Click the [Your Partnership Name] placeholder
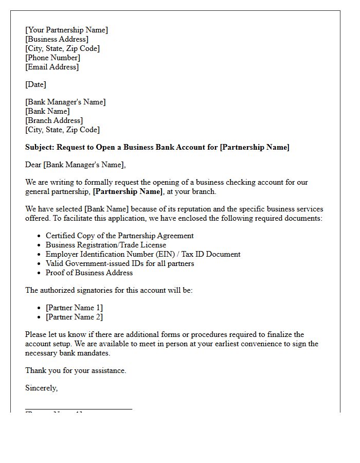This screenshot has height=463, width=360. (x=66, y=30)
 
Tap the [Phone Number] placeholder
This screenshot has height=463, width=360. (x=52, y=58)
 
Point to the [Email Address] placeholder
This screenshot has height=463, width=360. (x=52, y=67)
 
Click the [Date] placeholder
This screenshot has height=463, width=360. (x=35, y=84)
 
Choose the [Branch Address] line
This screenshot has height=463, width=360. (x=54, y=120)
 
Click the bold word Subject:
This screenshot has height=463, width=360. (x=40, y=147)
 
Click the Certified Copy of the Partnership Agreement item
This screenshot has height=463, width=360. (x=119, y=236)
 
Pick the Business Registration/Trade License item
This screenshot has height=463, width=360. (x=106, y=245)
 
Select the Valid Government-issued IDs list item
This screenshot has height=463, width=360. (x=119, y=263)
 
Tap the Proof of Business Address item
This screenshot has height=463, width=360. (x=89, y=273)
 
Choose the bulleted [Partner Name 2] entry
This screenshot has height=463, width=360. (x=74, y=317)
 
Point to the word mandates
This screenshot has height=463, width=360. (x=94, y=353)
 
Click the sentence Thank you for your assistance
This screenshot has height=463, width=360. (x=76, y=370)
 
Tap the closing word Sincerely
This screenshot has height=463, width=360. (x=41, y=388)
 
